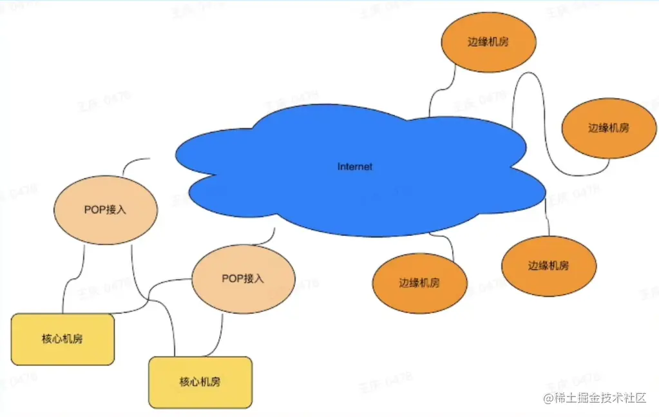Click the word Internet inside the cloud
click(355, 167)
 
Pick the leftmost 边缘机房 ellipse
click(419, 284)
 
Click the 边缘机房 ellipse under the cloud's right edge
click(549, 266)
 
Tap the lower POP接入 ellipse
click(243, 279)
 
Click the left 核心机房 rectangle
click(62, 339)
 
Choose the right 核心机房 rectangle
click(200, 382)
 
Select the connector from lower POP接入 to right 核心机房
click(220, 335)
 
